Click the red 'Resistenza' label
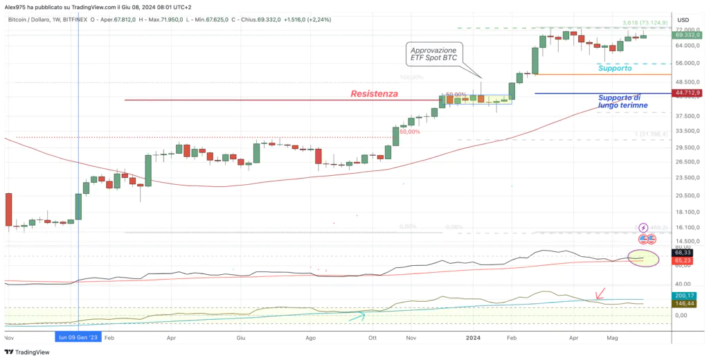click(x=373, y=93)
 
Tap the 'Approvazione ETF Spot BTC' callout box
click(x=434, y=55)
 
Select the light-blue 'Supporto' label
click(x=615, y=69)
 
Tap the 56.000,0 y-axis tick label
click(x=687, y=63)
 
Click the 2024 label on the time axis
click(x=473, y=337)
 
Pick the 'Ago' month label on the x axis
click(x=310, y=337)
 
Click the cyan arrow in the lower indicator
click(x=357, y=317)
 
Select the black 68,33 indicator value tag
click(x=687, y=253)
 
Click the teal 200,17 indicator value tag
click(x=687, y=296)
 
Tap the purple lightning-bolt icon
click(x=643, y=227)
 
